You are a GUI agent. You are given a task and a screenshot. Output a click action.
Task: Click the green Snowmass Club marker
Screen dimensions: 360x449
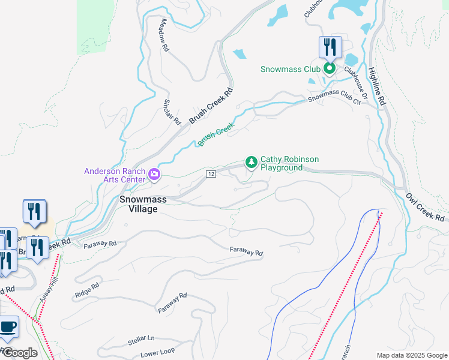[x=329, y=69]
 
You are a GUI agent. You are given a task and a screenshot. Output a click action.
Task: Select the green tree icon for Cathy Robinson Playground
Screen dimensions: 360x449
[x=251, y=162]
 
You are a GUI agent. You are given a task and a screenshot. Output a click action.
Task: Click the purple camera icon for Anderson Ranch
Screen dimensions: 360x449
[x=154, y=175]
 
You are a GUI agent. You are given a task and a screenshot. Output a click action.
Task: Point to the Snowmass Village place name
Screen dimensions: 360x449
[x=138, y=204]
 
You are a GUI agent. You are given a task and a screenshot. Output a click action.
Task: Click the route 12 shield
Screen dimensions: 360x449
[x=211, y=174]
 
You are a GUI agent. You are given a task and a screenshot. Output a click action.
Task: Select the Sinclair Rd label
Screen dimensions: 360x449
[x=172, y=112]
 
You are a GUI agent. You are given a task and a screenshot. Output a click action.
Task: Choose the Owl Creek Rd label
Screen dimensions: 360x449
[x=426, y=206]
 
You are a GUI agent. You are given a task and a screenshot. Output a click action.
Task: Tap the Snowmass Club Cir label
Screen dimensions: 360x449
[x=335, y=98]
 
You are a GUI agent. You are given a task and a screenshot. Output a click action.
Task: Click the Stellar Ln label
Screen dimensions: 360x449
[x=141, y=341]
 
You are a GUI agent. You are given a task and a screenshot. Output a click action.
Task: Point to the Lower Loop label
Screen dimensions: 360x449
[x=157, y=353]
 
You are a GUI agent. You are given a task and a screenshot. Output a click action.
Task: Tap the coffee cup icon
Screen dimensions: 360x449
[x=7, y=327]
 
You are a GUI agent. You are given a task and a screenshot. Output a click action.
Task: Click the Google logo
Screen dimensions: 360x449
[x=20, y=353]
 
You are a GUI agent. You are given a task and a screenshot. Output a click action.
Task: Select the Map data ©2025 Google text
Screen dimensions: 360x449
[x=411, y=355]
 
